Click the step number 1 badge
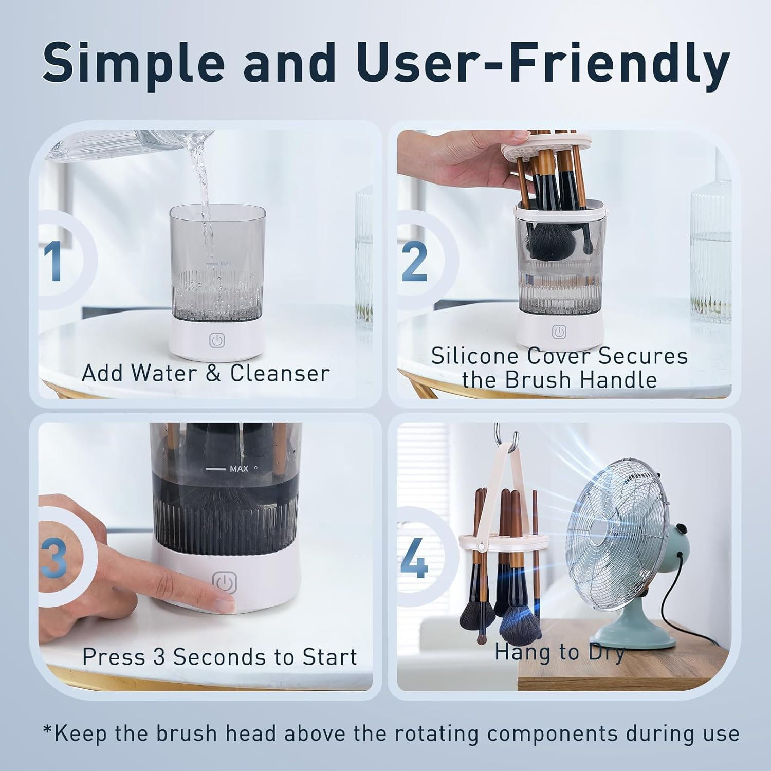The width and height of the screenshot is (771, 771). (53, 261)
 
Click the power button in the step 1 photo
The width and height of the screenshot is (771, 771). (217, 341)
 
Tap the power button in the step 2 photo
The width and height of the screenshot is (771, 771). (559, 332)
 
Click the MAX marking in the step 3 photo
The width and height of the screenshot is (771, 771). (238, 469)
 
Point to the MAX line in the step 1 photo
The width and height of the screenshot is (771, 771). (212, 264)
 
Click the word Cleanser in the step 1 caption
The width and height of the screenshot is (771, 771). (280, 374)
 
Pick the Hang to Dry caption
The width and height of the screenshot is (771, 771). (559, 652)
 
